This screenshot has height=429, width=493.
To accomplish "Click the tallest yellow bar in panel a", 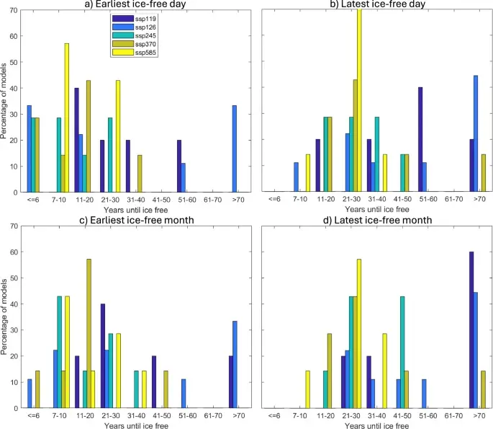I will [67, 118].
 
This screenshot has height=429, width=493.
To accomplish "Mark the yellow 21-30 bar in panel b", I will [359, 100].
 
